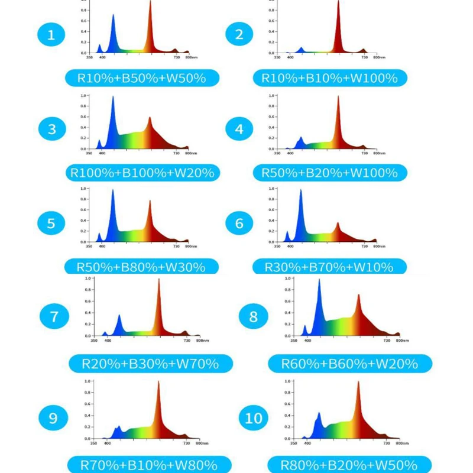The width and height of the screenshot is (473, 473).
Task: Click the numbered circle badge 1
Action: click(x=51, y=35)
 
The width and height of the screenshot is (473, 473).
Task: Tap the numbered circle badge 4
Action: click(x=239, y=129)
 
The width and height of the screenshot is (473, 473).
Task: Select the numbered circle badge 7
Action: click(x=54, y=317)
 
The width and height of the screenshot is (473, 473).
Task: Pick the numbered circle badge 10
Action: click(x=254, y=418)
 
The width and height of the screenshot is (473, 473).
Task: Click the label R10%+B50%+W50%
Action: click(x=142, y=78)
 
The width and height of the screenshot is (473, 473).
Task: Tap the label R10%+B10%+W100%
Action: click(x=329, y=78)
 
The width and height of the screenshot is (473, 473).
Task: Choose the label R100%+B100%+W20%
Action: click(x=142, y=173)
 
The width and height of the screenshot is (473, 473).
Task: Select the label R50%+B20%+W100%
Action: click(x=329, y=173)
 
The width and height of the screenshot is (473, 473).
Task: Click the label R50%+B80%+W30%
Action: click(x=141, y=267)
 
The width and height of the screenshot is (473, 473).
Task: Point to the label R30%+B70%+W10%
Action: click(x=329, y=267)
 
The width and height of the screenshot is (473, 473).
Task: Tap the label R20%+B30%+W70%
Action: click(x=151, y=364)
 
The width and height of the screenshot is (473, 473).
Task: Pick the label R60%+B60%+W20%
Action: click(x=349, y=364)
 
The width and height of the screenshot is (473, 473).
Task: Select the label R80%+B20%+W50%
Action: click(x=349, y=464)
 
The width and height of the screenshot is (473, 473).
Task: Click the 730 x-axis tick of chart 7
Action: click(x=186, y=341)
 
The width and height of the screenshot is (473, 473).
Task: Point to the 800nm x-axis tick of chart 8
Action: click(x=401, y=341)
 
